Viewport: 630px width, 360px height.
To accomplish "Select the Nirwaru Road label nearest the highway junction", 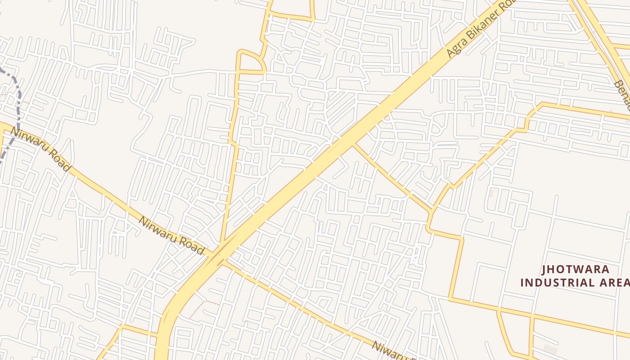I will (x=171, y=235).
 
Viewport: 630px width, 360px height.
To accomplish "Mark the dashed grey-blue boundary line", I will (x=18, y=103).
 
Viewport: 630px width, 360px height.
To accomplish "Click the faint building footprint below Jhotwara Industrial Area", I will (x=550, y=349).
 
